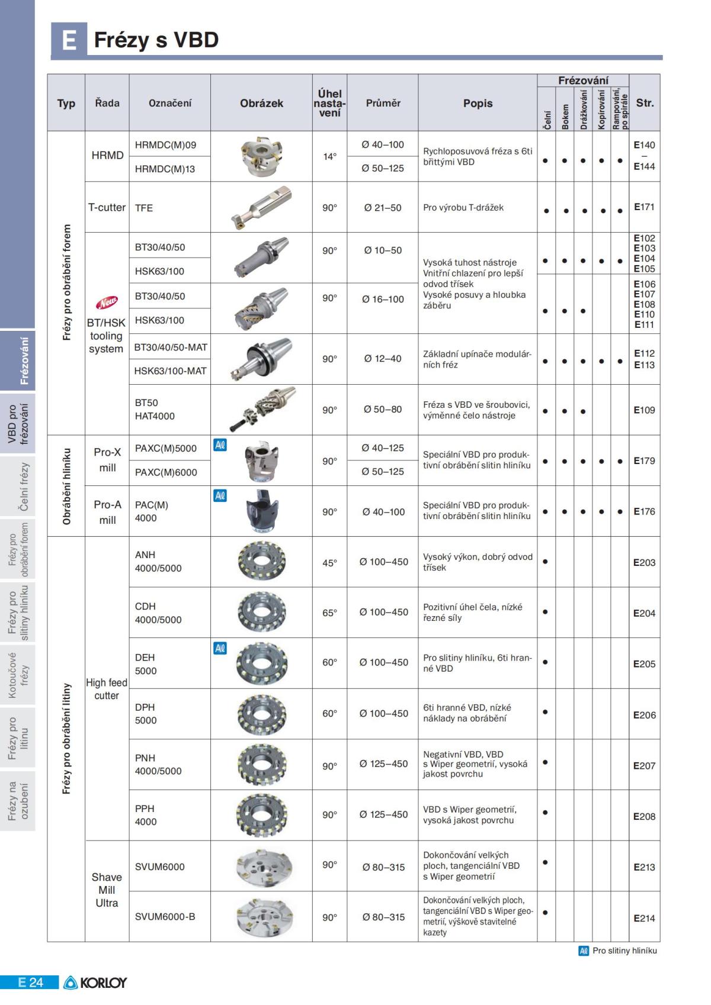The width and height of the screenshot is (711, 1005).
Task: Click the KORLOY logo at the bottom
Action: click(x=95, y=983)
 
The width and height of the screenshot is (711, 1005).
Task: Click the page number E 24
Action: click(x=30, y=983)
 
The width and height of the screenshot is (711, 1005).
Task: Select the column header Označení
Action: click(x=170, y=103)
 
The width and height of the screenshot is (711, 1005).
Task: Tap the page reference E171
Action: click(x=644, y=207)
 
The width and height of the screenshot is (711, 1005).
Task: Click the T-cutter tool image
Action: click(x=261, y=207)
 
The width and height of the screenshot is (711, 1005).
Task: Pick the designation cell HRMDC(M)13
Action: click(x=165, y=169)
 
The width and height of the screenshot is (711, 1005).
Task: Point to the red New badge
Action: click(x=107, y=303)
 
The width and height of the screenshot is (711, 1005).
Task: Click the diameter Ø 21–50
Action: click(x=383, y=208)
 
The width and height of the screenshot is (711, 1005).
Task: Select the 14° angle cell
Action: click(x=329, y=157)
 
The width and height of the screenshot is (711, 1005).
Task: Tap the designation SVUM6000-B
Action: click(x=165, y=917)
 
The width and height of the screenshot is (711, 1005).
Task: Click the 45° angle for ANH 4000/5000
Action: click(x=329, y=563)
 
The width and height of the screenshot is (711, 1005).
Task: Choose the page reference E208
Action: click(x=644, y=817)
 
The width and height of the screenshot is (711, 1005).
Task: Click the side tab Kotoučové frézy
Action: click(x=18, y=675)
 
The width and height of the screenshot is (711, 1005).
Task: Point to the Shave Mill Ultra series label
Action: click(x=107, y=890)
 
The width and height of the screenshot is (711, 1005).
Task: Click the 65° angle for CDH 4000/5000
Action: click(x=329, y=613)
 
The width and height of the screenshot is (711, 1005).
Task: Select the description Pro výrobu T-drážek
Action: click(x=463, y=208)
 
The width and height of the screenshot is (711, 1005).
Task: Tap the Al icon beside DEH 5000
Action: click(x=220, y=649)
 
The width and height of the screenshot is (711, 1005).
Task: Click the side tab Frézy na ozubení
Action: click(x=18, y=801)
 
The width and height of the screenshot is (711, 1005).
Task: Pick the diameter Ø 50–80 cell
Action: click(x=383, y=410)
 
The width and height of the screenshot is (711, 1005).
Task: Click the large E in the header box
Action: click(x=69, y=40)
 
